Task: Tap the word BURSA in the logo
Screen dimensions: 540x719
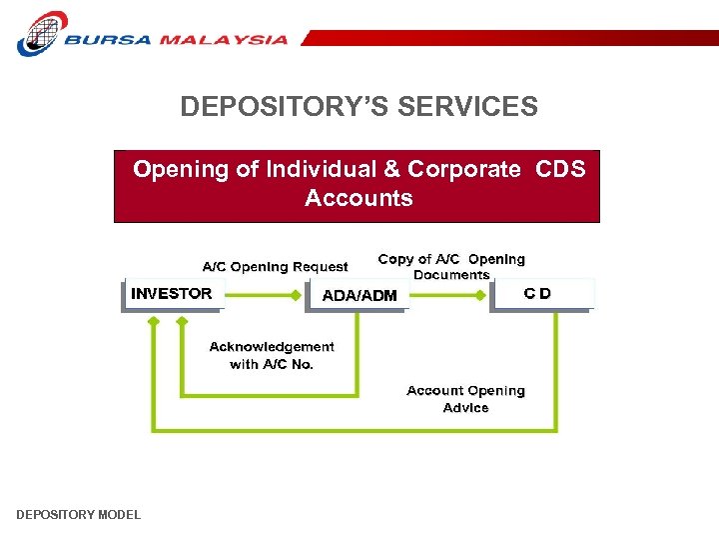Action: pyautogui.click(x=110, y=41)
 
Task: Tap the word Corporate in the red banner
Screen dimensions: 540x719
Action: pyautogui.click(x=463, y=169)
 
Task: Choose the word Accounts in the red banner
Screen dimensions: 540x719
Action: pyautogui.click(x=359, y=198)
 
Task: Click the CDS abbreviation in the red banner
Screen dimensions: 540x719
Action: pyautogui.click(x=560, y=169)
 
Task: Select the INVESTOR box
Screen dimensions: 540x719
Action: pyautogui.click(x=172, y=294)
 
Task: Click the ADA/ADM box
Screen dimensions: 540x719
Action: pyautogui.click(x=359, y=296)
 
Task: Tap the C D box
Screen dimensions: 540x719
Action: pyautogui.click(x=539, y=294)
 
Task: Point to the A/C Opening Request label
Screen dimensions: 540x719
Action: pyautogui.click(x=275, y=267)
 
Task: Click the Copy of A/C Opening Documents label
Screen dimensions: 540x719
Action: pyautogui.click(x=451, y=266)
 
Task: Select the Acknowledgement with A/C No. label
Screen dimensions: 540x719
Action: pyautogui.click(x=272, y=355)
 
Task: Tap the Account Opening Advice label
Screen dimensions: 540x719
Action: pyautogui.click(x=465, y=399)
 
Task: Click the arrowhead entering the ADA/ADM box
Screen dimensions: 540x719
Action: pyautogui.click(x=297, y=295)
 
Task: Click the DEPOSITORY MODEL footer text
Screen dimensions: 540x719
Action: pyautogui.click(x=79, y=515)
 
